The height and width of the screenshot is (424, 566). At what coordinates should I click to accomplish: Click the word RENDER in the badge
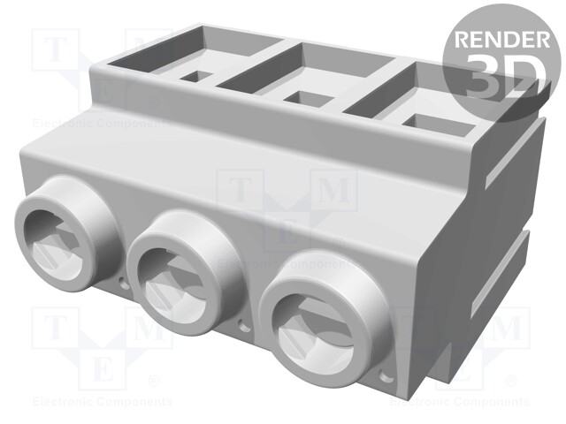point(500,40)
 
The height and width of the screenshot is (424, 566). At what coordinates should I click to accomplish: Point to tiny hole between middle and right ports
point(247,322)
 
